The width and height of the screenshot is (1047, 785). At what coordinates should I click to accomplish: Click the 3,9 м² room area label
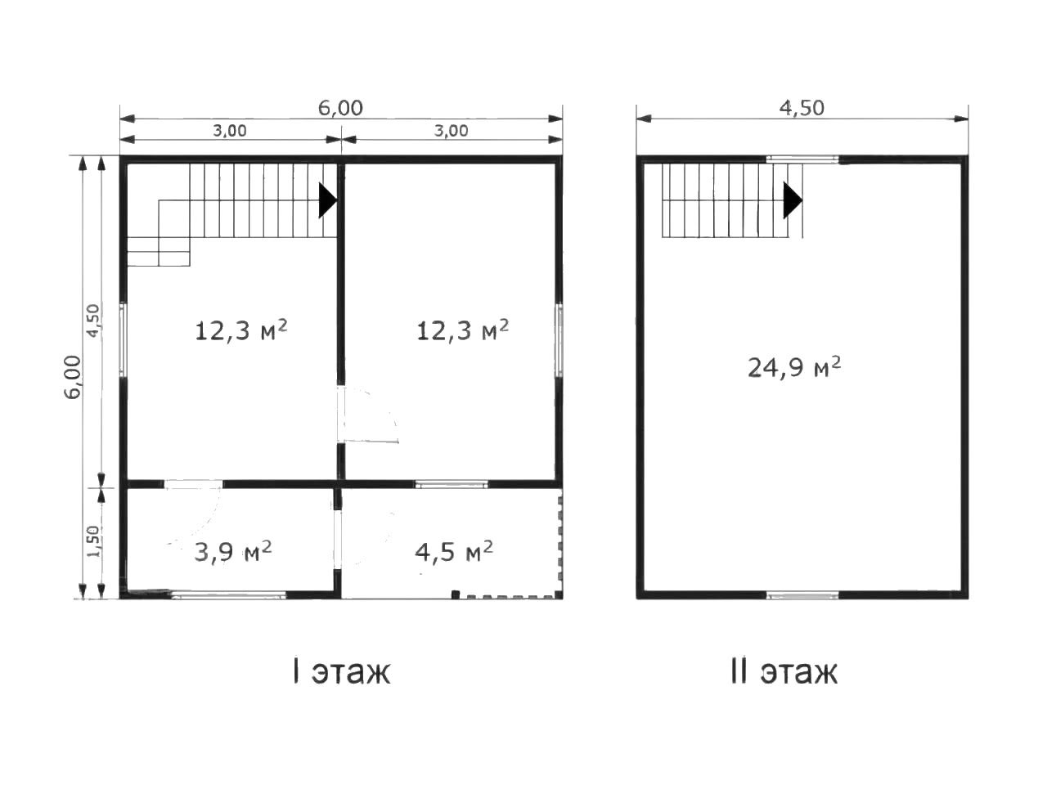233,551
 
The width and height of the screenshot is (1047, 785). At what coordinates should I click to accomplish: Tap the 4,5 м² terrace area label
454,551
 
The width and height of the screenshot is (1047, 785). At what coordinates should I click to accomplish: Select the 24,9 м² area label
793,367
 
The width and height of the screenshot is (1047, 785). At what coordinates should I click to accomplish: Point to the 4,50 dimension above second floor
802,108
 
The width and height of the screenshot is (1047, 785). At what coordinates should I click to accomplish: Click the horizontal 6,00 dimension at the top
340,108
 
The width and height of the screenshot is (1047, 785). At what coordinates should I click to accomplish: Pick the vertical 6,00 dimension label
73,377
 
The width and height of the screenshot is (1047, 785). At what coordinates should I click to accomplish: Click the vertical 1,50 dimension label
93,541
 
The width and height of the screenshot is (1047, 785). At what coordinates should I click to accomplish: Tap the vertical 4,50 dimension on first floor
93,321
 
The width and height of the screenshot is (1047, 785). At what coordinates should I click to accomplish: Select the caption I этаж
342,672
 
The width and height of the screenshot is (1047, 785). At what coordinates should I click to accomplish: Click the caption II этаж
784,672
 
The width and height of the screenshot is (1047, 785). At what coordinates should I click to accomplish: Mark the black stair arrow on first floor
328,200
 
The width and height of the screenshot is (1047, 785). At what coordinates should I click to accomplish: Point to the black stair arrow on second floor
793,200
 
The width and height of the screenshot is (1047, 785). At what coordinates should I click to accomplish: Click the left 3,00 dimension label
229,130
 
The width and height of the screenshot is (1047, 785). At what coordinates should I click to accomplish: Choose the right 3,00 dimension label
451,130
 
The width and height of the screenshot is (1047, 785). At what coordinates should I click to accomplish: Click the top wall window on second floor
802,159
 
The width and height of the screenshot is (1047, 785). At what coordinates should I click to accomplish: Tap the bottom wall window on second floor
802,594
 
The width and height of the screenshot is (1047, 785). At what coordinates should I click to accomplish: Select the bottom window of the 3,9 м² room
228,594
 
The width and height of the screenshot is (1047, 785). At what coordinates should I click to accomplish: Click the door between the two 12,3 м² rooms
366,415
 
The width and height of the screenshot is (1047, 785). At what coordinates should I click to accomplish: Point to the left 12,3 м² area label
240,330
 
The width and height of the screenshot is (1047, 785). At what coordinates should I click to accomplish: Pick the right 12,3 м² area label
463,330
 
